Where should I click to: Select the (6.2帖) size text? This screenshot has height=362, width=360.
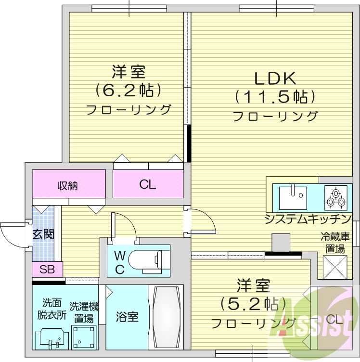[x=128, y=90]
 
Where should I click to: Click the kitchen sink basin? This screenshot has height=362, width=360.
[x=292, y=196]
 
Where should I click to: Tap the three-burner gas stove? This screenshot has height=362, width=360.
[x=335, y=197]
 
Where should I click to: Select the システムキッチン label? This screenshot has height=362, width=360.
[x=308, y=220]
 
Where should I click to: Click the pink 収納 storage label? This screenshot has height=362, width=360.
[x=68, y=185]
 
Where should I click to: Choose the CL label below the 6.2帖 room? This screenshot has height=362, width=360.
[x=148, y=184]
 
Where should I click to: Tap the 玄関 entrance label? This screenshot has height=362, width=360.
[x=43, y=234]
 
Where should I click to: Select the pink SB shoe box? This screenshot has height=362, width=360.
[x=47, y=269]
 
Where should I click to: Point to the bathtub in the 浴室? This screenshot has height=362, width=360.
[x=167, y=317]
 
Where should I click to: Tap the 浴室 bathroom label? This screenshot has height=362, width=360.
[x=127, y=317]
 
